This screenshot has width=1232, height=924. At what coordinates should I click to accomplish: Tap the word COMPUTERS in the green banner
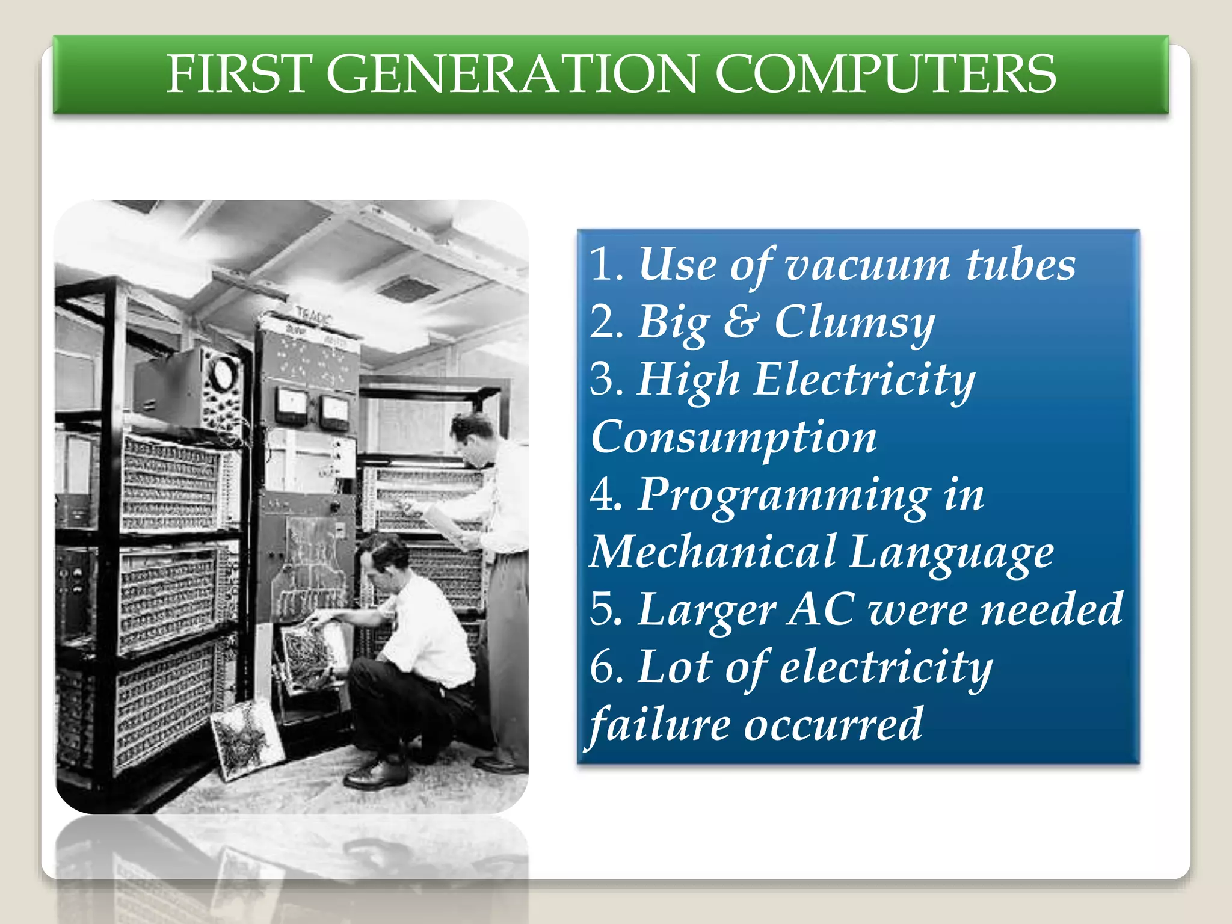pos(885,74)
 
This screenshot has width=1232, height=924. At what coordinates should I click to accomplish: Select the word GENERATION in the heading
pos(511,74)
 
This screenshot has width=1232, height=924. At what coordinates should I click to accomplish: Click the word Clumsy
pos(854,323)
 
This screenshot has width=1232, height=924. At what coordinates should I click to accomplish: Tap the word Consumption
pos(733,438)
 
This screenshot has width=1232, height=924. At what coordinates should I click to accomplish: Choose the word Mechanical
pos(712,552)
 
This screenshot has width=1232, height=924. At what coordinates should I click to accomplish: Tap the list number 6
pos(603,667)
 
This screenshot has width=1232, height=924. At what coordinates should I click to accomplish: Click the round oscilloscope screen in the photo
pos(223,373)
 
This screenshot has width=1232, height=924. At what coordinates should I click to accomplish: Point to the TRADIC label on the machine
pos(313,315)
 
